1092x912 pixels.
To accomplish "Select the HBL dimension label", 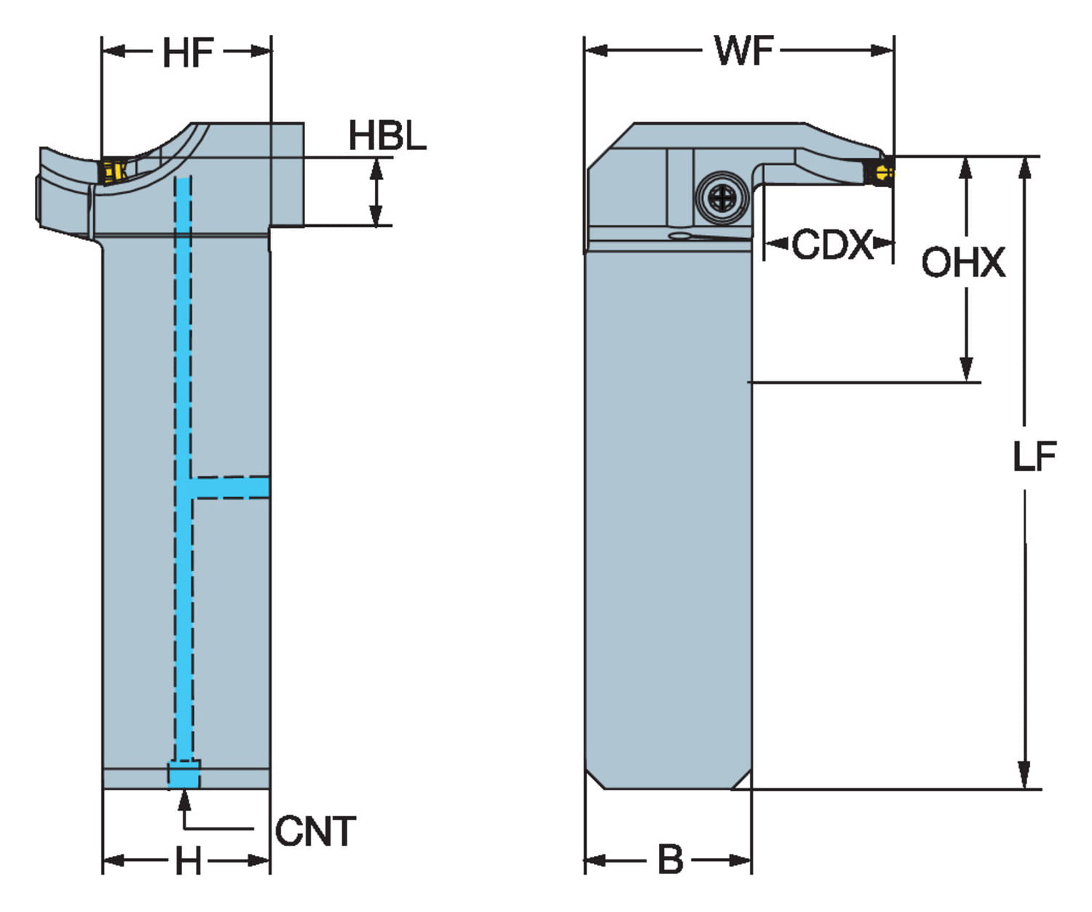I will [x=387, y=136].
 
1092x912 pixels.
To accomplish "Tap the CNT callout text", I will [x=315, y=831].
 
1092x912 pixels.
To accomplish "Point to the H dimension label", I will [x=188, y=862].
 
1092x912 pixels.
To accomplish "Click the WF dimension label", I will [x=743, y=51].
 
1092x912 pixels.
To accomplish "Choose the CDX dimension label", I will [x=831, y=245].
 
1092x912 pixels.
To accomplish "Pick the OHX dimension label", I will [x=962, y=262].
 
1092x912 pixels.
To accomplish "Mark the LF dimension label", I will [x=1034, y=457].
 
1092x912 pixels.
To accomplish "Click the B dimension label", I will [x=670, y=860].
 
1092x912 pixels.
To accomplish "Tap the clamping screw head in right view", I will [x=721, y=197].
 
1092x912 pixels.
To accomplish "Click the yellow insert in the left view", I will [x=111, y=171].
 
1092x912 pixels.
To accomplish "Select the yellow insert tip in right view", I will [x=884, y=173].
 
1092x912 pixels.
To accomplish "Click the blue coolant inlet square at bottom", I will [x=183, y=774].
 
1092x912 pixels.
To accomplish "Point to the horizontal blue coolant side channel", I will [x=232, y=487].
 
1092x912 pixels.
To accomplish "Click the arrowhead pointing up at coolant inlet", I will [x=184, y=799].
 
